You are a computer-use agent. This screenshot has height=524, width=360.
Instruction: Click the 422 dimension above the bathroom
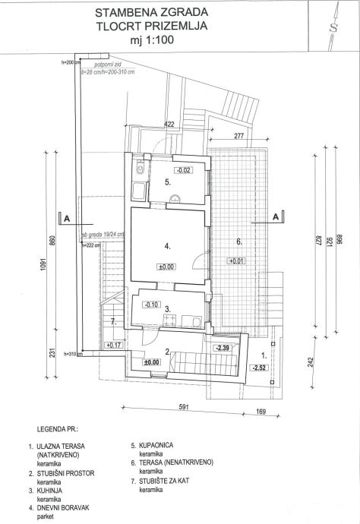[169, 124]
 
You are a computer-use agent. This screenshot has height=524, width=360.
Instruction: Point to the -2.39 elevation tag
[223, 348]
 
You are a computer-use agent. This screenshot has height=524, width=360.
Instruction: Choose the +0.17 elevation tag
[115, 346]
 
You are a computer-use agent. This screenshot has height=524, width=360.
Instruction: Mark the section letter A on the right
[276, 217]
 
